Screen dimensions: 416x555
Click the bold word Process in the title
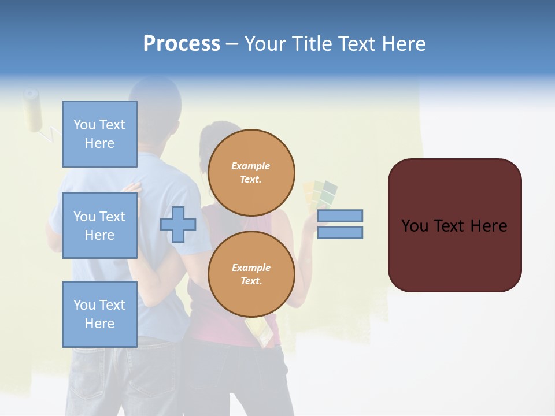point(182,44)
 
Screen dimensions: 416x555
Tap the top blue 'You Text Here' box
point(99,134)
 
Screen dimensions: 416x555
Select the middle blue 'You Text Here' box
point(99,225)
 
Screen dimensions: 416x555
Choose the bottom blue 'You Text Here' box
point(99,314)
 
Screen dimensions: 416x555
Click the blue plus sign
point(178,224)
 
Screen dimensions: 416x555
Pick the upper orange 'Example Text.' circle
point(251,173)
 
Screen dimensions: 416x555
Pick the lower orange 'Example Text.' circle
point(251,274)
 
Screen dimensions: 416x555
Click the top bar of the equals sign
point(340,216)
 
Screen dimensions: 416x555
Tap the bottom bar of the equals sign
point(340,232)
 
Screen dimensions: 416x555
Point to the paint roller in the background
point(34,110)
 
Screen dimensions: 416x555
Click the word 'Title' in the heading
point(313,44)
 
